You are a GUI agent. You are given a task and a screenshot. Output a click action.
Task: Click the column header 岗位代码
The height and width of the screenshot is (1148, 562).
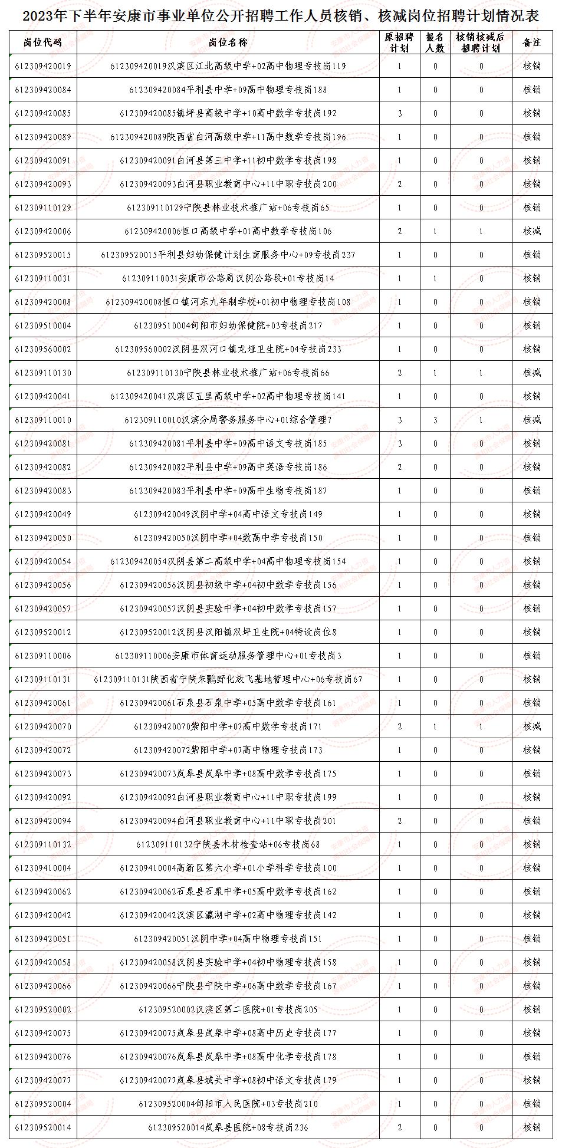point(42,42)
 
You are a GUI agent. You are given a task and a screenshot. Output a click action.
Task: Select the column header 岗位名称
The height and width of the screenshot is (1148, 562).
point(228,42)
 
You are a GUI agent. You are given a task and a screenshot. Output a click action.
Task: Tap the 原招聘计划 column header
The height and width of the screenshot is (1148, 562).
point(399,42)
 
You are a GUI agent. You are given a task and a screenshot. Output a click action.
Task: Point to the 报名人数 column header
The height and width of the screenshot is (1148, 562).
point(435,42)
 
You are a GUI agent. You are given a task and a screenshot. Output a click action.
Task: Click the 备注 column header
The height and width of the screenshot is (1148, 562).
point(532,42)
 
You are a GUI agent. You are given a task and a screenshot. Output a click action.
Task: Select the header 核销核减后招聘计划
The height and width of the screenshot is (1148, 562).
point(481,42)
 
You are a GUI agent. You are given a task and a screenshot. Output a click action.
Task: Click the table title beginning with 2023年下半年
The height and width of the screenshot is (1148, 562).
point(281,16)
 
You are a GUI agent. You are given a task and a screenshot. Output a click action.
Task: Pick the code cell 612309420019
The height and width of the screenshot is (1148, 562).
point(42,66)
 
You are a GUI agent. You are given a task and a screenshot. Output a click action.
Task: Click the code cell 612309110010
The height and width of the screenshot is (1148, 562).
point(42,420)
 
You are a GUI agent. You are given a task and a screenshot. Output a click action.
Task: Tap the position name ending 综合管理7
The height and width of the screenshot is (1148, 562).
point(228,420)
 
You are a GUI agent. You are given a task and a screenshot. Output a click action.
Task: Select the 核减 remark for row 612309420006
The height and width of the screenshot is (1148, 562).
point(532,231)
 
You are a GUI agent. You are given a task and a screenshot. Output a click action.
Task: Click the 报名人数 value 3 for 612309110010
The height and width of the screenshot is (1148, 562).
point(435,420)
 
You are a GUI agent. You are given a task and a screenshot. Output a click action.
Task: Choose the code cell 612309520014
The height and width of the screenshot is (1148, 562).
point(42,1127)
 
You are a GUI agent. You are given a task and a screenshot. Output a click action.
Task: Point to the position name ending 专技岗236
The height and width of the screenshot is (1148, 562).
point(228,1127)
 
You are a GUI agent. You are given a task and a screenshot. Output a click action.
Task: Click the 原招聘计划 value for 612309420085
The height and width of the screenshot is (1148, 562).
point(399,113)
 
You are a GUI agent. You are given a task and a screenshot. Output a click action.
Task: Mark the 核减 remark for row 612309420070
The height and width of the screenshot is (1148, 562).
point(532,726)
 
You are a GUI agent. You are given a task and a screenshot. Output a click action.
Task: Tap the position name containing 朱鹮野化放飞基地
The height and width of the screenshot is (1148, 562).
point(228,679)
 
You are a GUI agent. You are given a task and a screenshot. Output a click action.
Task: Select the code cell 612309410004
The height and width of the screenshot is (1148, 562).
point(42,868)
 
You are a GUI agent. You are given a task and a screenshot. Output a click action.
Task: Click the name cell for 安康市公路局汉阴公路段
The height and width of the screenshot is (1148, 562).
point(228,278)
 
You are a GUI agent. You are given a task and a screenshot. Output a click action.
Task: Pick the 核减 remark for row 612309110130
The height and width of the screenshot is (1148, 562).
point(532,373)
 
